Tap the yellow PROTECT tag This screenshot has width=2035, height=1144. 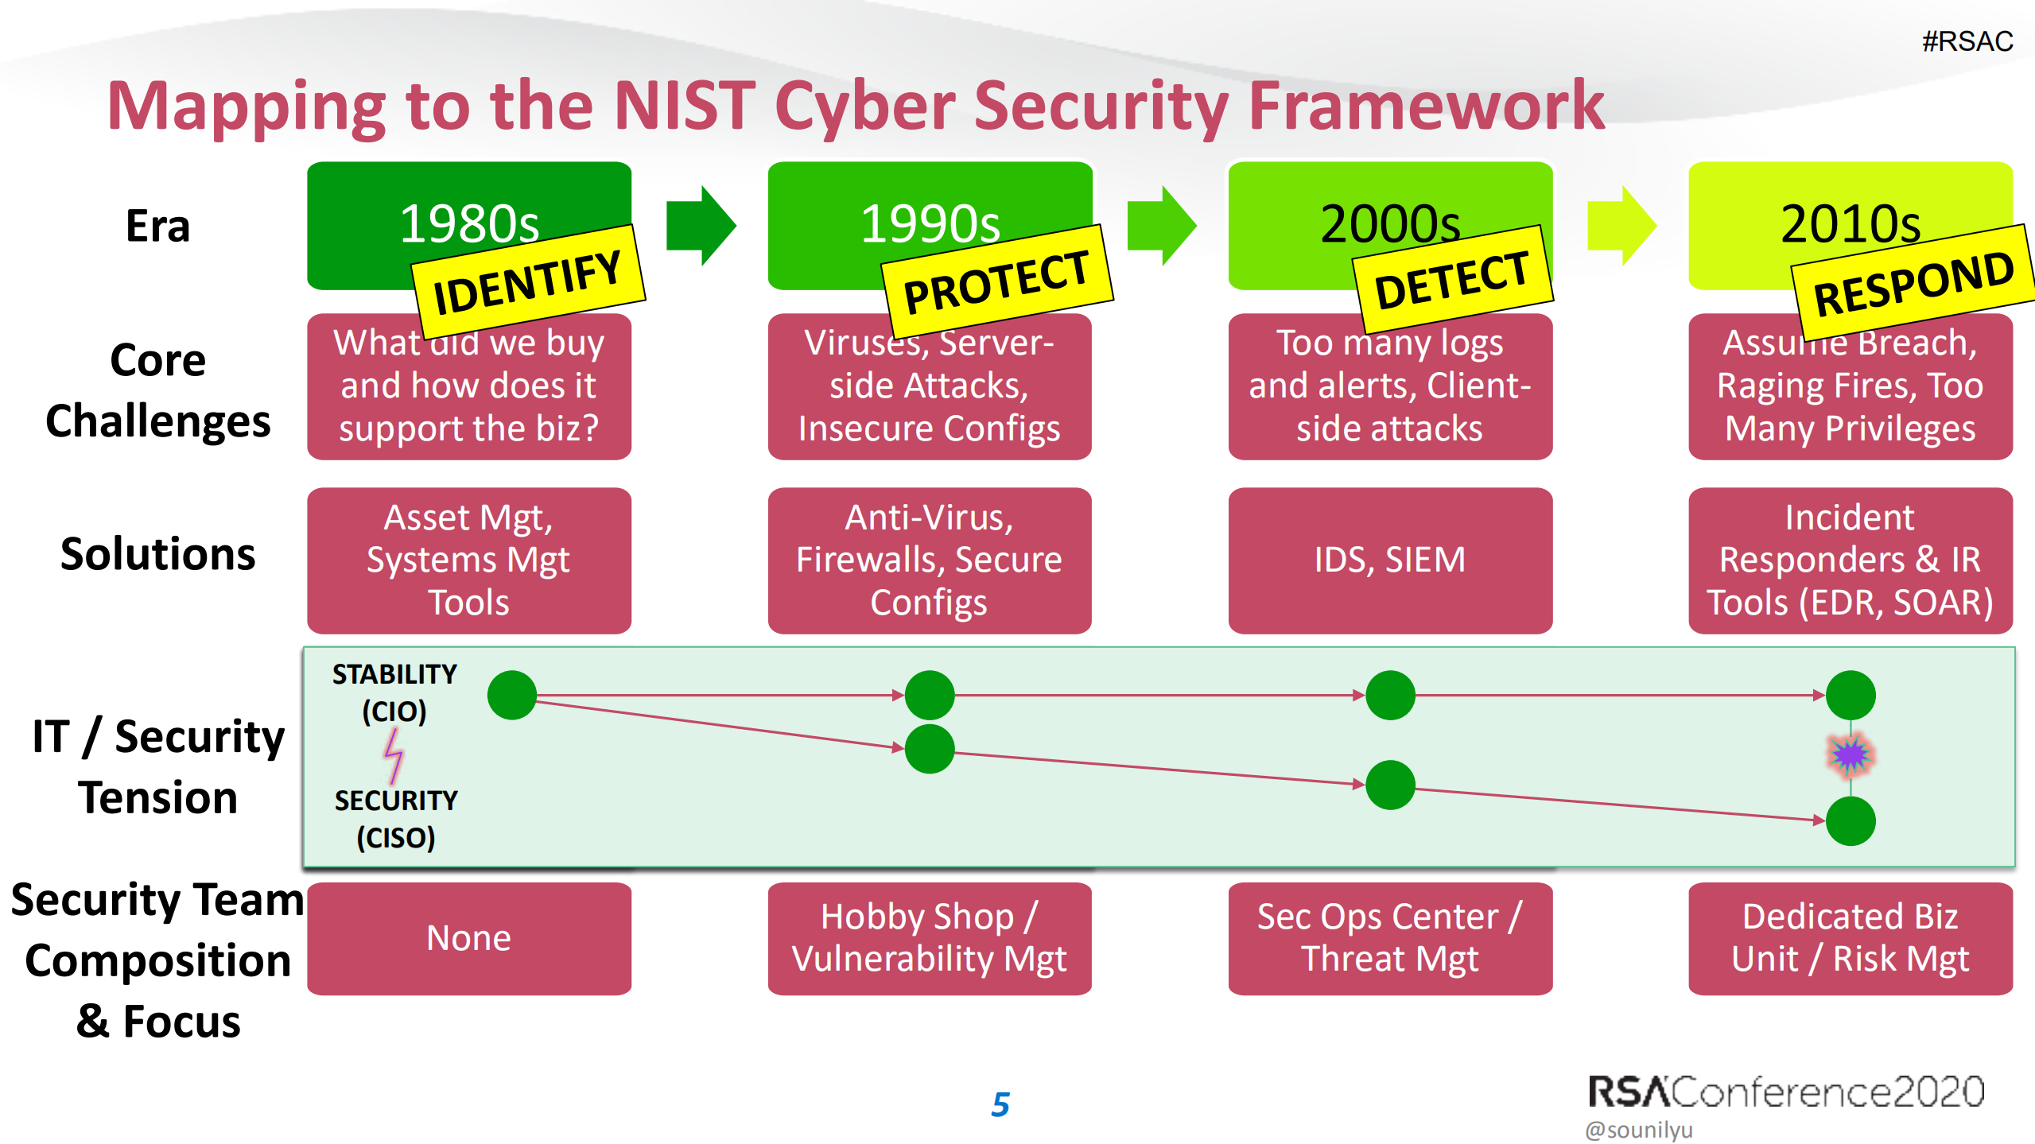996,281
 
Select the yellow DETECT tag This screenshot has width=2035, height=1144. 1452,279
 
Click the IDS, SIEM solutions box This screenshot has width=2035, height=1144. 1389,560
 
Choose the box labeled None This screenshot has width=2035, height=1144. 469,938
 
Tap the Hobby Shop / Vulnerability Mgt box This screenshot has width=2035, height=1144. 929,938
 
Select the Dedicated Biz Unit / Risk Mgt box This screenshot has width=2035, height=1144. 1850,938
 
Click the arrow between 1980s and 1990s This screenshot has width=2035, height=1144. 700,226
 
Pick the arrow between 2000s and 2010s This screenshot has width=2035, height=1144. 1621,226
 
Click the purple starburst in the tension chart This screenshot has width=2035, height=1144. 1850,755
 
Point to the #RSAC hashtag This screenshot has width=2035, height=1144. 1967,41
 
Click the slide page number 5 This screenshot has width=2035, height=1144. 1000,1104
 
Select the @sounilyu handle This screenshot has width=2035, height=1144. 1638,1130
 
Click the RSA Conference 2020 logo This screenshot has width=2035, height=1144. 1785,1092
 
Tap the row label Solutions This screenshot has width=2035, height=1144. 158,554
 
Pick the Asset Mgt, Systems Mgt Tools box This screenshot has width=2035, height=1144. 469,560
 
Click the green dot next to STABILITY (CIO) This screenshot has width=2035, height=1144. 512,695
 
